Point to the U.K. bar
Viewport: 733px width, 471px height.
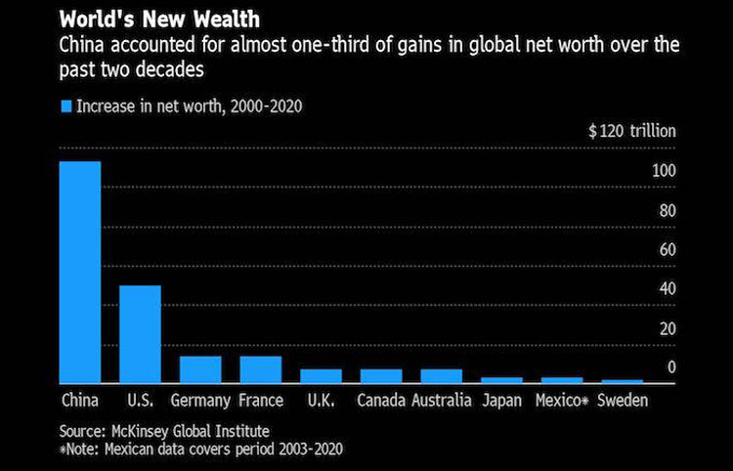click(x=321, y=375)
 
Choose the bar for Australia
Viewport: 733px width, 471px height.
click(x=441, y=375)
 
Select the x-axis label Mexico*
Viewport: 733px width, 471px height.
click(x=561, y=401)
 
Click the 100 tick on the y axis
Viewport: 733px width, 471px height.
click(x=665, y=171)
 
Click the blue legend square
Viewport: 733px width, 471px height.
click(x=66, y=106)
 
